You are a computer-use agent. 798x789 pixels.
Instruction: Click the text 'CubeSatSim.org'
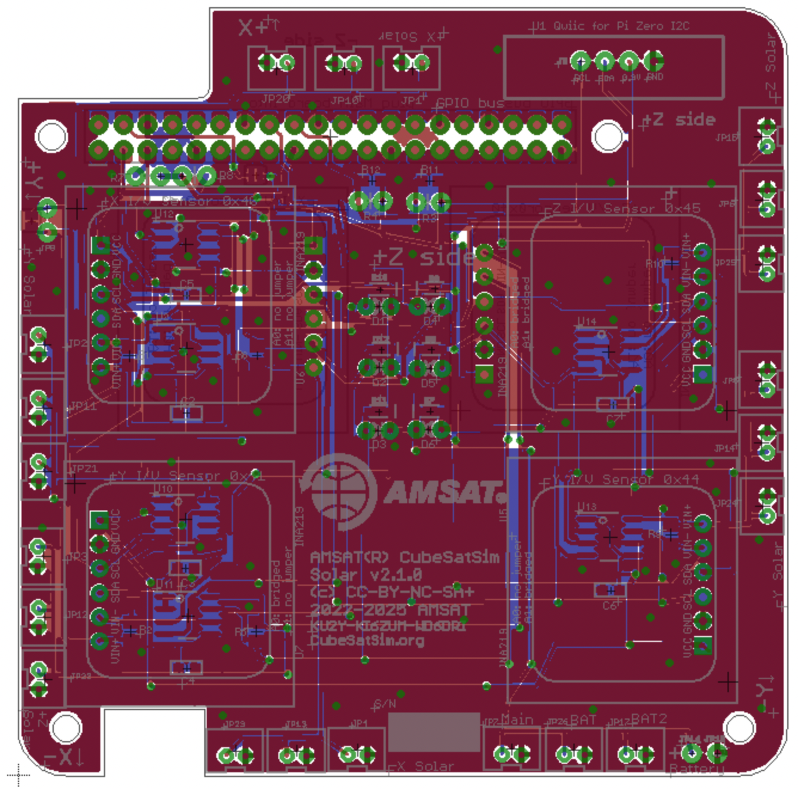click(x=367, y=641)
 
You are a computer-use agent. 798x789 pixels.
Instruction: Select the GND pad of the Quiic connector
click(x=653, y=61)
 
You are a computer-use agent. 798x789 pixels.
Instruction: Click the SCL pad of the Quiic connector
click(x=580, y=61)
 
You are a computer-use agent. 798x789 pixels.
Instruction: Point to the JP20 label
click(x=275, y=99)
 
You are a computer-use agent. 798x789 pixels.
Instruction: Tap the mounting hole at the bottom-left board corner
click(x=65, y=727)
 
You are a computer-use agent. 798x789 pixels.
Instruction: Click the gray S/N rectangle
click(x=434, y=732)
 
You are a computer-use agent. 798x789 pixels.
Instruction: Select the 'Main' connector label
click(x=517, y=719)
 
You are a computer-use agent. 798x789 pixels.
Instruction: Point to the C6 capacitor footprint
click(x=610, y=591)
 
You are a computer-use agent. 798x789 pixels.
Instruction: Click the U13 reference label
click(x=587, y=507)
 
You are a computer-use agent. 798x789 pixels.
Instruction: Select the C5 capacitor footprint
click(x=186, y=294)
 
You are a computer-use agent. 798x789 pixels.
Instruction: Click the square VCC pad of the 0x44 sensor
click(x=702, y=645)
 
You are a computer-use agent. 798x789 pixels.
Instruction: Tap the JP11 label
click(x=82, y=406)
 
